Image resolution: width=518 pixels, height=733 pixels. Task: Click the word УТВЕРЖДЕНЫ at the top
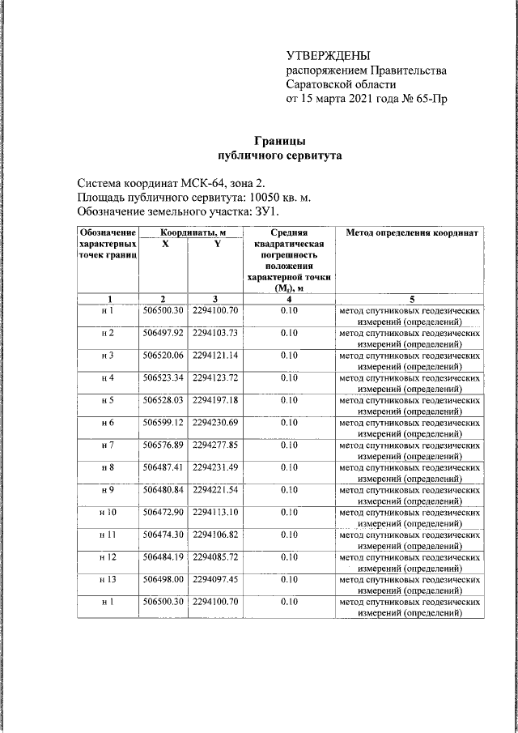tap(328, 55)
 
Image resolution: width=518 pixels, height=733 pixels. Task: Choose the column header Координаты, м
tap(192, 233)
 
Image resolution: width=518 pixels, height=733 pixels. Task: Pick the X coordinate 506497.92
tap(163, 333)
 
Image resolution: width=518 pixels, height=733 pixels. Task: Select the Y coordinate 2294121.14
tap(214, 356)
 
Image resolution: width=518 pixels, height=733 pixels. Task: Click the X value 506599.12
tap(163, 423)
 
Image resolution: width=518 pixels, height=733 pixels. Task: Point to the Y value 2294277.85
tap(214, 445)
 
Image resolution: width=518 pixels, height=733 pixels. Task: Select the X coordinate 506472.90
tap(163, 513)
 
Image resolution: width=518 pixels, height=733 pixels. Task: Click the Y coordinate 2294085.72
tap(214, 557)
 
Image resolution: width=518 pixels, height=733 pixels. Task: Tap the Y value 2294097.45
tap(214, 580)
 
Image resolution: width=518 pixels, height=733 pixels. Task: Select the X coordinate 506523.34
tap(163, 377)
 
